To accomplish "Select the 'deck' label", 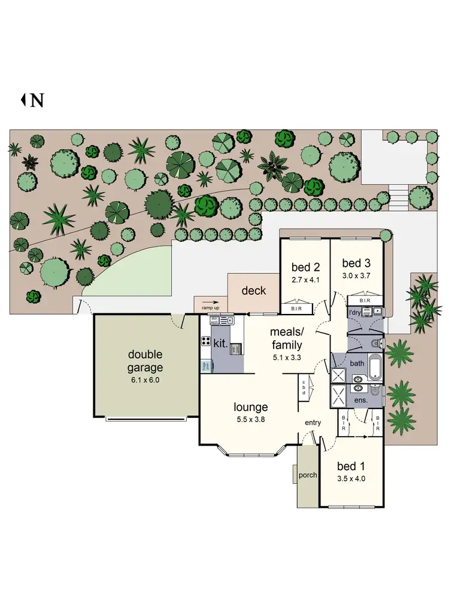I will tap(253, 291).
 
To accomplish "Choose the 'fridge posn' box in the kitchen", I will tap(205, 365).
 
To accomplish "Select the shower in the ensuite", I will tap(339, 396).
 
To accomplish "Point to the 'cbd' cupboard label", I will tap(304, 387).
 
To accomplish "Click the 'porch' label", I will tap(308, 476).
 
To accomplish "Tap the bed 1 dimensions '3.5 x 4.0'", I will tap(351, 478).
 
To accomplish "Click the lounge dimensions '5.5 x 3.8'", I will tap(250, 419).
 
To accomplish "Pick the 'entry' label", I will tap(313, 422).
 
